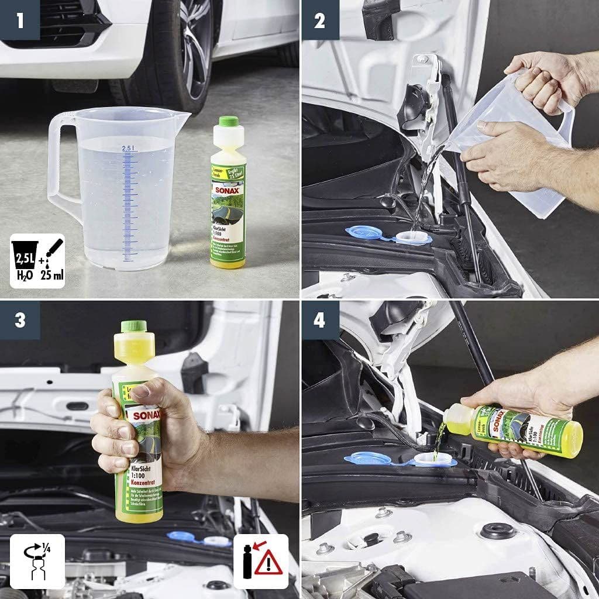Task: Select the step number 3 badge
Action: coord(19,320)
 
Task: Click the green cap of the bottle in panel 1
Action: coord(228,122)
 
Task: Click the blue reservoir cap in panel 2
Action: coord(364,233)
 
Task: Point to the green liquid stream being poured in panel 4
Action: coord(440,442)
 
